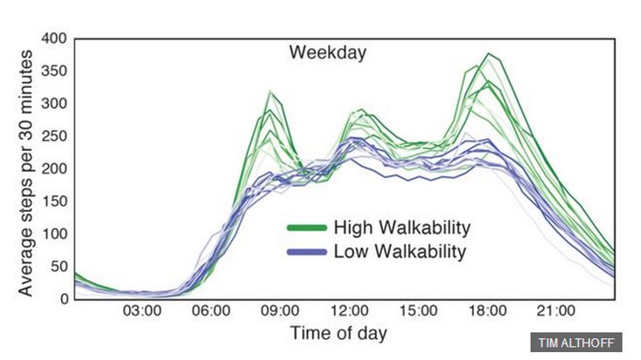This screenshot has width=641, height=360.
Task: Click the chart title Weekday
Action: (x=328, y=52)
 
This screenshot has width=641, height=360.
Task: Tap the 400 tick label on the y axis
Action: (x=53, y=39)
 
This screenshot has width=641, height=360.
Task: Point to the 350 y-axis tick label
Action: (x=53, y=71)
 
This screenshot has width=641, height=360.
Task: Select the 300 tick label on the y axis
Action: (x=53, y=104)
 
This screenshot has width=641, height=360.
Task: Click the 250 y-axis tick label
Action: (x=53, y=137)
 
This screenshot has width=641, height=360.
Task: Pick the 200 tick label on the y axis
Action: (x=53, y=169)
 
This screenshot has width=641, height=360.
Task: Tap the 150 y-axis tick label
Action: (x=53, y=201)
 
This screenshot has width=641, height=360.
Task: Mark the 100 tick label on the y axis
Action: (x=53, y=234)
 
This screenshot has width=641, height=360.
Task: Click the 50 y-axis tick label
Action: (x=58, y=267)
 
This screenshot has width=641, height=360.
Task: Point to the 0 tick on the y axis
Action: (x=62, y=299)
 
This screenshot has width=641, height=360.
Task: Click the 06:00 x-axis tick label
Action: (x=211, y=311)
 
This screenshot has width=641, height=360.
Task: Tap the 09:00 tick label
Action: (x=280, y=311)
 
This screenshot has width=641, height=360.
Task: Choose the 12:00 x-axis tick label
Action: (x=349, y=311)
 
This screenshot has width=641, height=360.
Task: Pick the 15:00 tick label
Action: (x=418, y=311)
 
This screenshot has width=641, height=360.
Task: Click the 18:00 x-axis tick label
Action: (x=487, y=311)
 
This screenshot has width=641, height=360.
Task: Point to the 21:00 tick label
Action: (x=556, y=311)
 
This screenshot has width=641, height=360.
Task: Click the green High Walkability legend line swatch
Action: (x=306, y=228)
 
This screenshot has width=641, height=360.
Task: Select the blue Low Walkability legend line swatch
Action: (x=306, y=253)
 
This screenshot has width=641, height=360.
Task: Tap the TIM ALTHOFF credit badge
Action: (x=576, y=342)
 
